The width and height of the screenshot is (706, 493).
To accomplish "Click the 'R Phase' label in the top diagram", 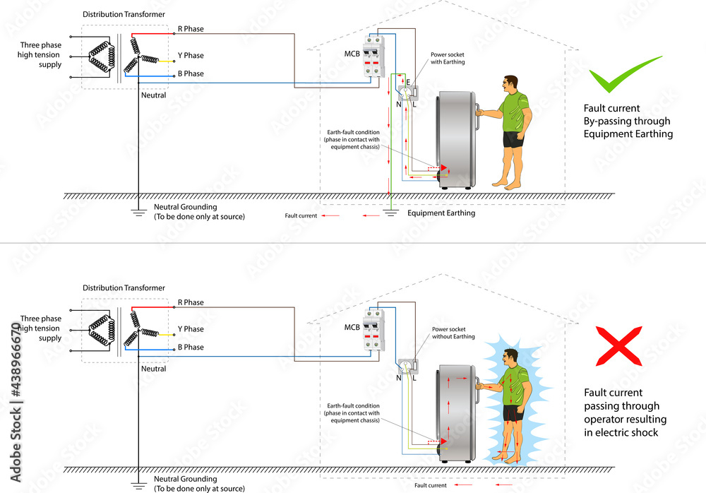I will [190, 30].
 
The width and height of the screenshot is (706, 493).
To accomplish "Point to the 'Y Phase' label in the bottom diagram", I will [190, 329].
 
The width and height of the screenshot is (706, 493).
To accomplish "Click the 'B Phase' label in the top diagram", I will [190, 73].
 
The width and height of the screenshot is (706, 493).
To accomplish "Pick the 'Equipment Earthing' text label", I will [441, 213].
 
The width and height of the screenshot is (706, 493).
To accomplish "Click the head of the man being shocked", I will [513, 360].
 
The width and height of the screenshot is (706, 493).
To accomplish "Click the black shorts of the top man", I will [513, 140].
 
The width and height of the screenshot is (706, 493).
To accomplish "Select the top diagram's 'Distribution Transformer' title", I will [124, 14].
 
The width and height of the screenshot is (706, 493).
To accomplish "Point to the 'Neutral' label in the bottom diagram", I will [153, 369].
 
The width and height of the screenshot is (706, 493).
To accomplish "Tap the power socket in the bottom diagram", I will [407, 366].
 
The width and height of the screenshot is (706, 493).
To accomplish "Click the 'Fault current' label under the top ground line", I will [301, 215].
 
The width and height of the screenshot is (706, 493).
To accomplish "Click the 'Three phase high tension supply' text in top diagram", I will [41, 54].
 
